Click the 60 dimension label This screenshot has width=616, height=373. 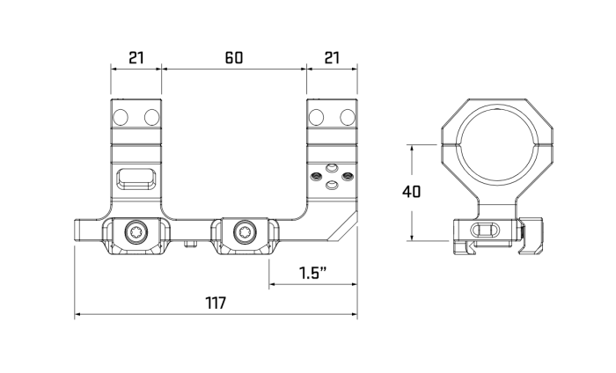(234, 58)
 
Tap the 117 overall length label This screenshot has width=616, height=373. (216, 304)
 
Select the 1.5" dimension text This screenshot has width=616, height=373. (312, 273)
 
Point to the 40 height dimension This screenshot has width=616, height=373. (411, 192)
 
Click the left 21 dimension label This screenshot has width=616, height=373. (136, 58)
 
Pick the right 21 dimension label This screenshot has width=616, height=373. (332, 58)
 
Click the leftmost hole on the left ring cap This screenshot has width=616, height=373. (121, 117)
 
